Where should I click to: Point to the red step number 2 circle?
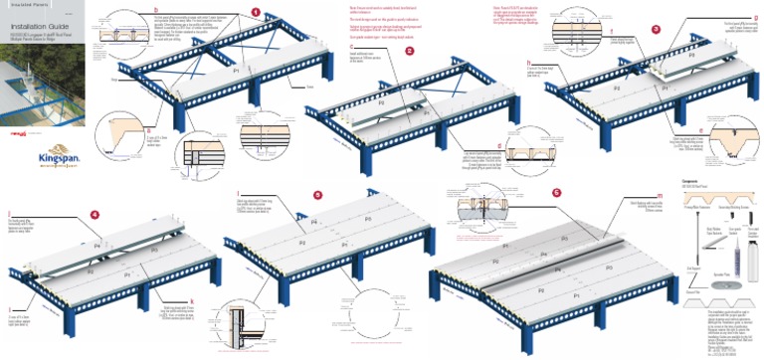409,49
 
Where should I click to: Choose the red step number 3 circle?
655,29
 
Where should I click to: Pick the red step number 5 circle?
316,196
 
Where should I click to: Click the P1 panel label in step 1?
236,73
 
